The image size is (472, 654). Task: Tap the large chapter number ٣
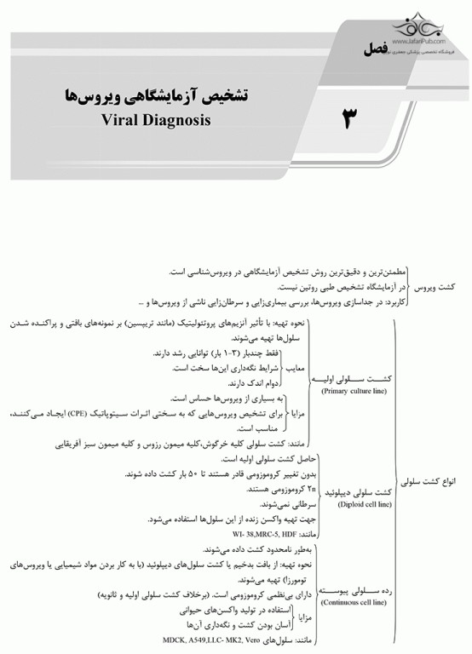pyautogui.click(x=349, y=118)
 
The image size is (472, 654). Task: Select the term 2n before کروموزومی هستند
pyautogui.click(x=281, y=490)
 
